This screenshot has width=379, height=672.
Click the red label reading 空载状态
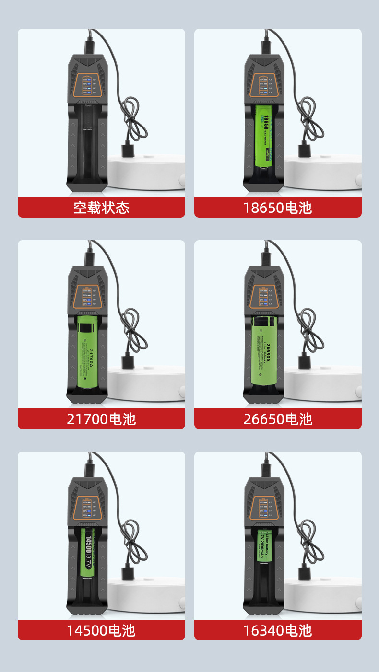coord(101,208)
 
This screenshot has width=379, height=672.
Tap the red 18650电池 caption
coord(278,208)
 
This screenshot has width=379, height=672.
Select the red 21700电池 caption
coord(101,419)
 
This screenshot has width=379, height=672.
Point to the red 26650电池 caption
coord(278,419)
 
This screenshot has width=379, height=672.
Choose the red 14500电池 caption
coord(101,630)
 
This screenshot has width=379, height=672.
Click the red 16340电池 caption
coord(278,630)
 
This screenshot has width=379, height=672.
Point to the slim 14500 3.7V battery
coord(88,552)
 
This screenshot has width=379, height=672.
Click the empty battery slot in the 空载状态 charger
coord(87,144)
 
